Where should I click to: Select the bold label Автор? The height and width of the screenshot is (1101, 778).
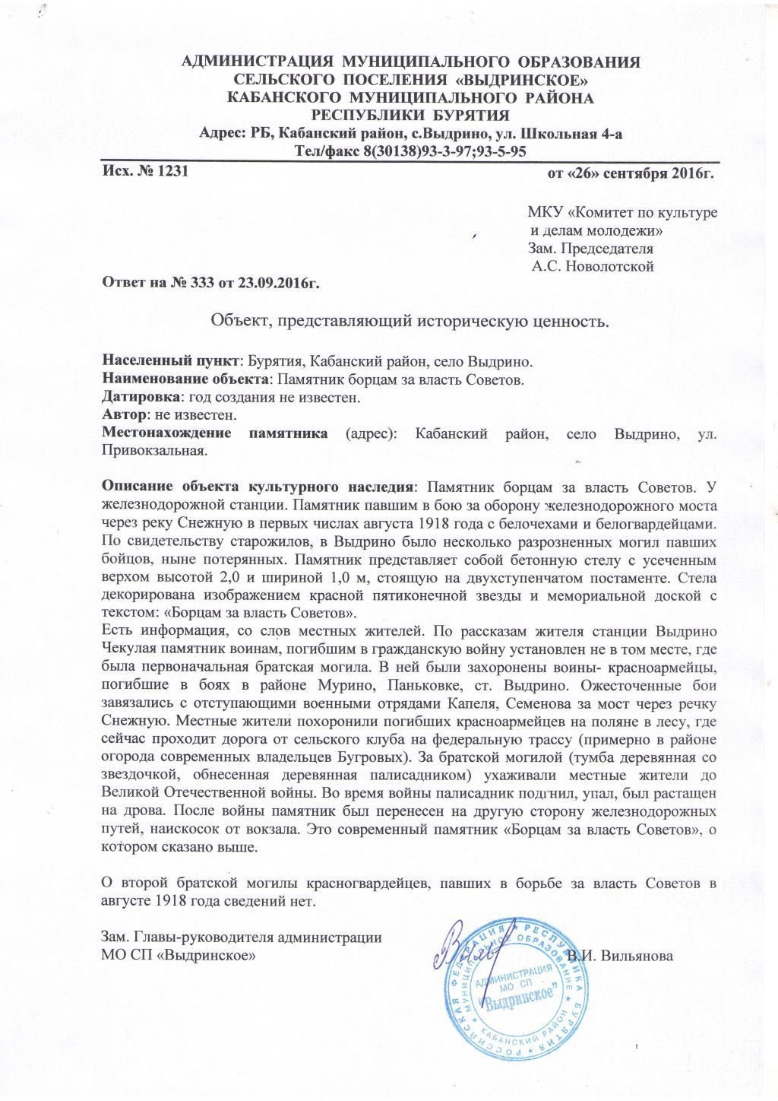(125, 416)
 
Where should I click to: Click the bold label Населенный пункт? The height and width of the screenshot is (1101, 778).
(171, 360)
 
